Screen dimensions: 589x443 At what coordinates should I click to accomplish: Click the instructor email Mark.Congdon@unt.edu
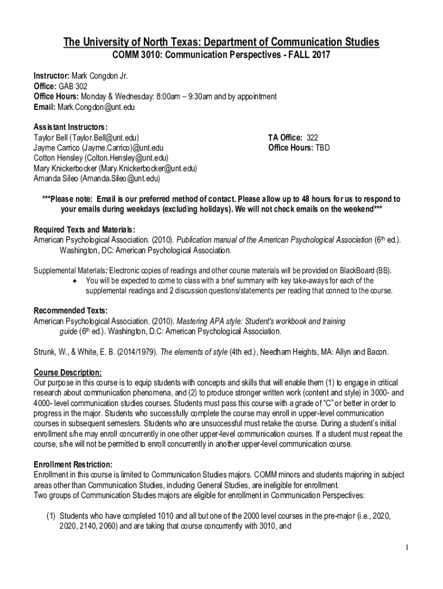coord(92,107)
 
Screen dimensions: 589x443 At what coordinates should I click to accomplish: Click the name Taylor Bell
coord(50,137)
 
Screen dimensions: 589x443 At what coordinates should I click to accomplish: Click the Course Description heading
coord(68,372)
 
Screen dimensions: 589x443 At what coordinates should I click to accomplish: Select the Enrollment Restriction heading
coord(73,464)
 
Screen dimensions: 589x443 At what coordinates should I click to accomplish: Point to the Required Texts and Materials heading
coord(85,229)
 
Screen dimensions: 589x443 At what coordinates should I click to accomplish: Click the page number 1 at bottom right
coord(406,547)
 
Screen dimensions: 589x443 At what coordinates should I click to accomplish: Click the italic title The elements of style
coord(193,352)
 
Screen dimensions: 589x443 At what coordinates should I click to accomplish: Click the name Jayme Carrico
coord(55,148)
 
